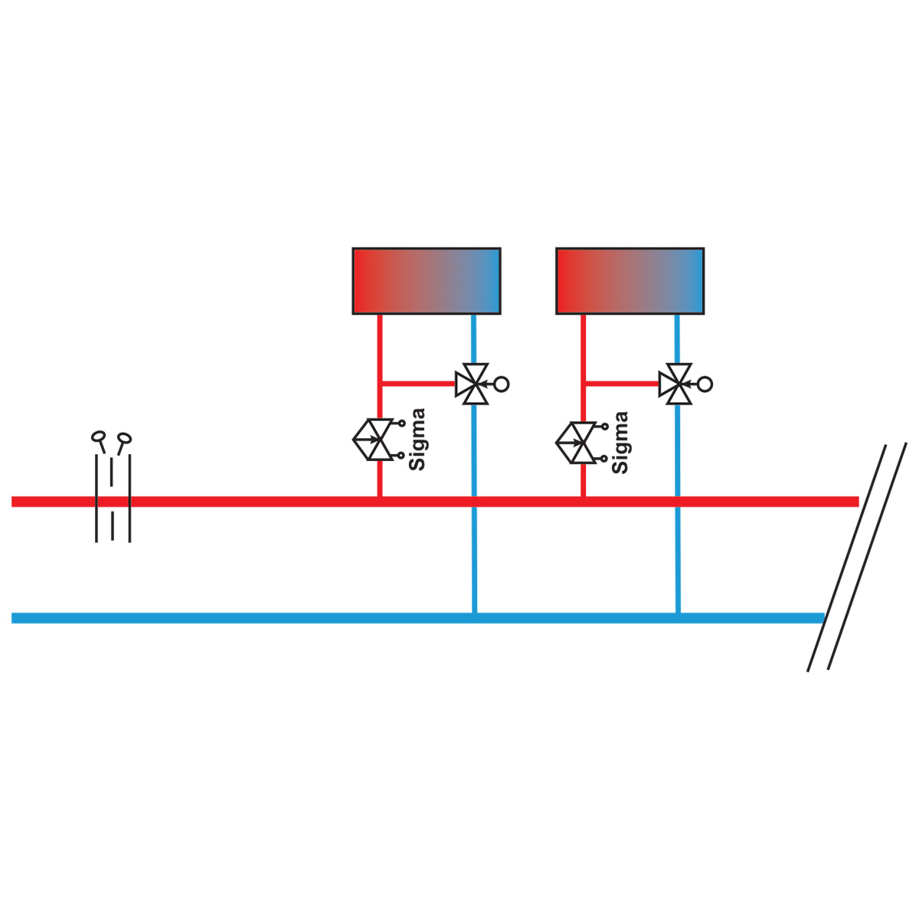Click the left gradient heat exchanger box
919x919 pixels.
[427, 281]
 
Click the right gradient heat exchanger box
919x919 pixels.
[630, 281]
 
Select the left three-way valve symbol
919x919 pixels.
[472, 384]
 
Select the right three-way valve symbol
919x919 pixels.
[675, 384]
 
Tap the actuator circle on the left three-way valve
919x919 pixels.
[502, 384]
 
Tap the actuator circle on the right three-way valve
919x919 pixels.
[705, 384]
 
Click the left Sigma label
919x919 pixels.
[417, 440]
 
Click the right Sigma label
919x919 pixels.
[620, 442]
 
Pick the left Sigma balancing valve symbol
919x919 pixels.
[378, 440]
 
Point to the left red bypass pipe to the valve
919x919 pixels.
[419, 383]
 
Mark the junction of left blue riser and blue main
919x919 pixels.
[475, 618]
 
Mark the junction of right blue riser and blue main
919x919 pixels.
[679, 618]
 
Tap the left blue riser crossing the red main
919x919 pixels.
[475, 502]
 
